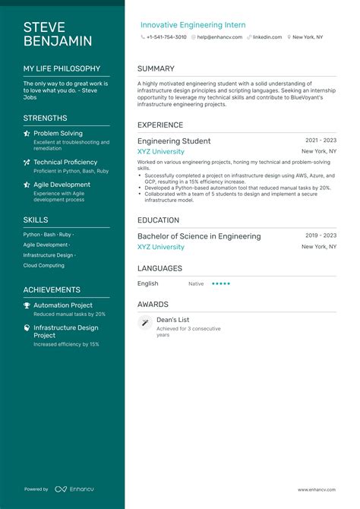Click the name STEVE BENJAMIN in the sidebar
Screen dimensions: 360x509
[x=57, y=34]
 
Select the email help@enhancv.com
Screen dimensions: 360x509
[x=219, y=36]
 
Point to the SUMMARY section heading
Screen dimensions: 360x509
[x=156, y=69]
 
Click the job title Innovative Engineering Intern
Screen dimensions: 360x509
[x=193, y=25]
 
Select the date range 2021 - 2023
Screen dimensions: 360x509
[x=321, y=141]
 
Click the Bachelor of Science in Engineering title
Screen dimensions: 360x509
[x=199, y=236]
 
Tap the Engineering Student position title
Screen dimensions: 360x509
[x=174, y=141]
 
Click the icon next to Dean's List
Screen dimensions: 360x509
[x=144, y=323]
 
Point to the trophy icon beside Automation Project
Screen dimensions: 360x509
[x=27, y=305]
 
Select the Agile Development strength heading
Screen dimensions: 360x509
[x=62, y=185]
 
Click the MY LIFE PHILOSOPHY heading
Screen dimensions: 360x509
[x=62, y=68]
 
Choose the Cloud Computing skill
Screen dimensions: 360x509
[x=43, y=266]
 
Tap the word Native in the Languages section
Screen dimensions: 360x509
[x=196, y=283]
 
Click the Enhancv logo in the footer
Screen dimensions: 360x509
[x=74, y=489]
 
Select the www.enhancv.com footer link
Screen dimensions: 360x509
[x=317, y=489]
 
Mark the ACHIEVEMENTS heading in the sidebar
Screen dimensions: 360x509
[x=52, y=289]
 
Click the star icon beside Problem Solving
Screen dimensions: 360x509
[x=27, y=133]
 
